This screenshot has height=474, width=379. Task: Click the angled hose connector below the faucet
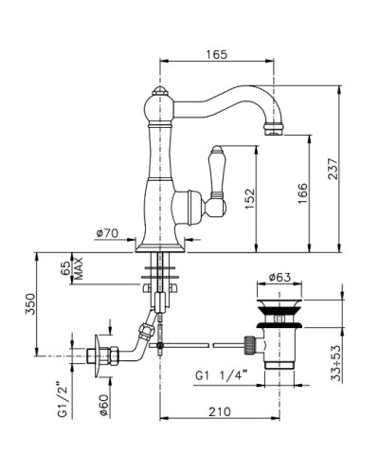click(x=145, y=331)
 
